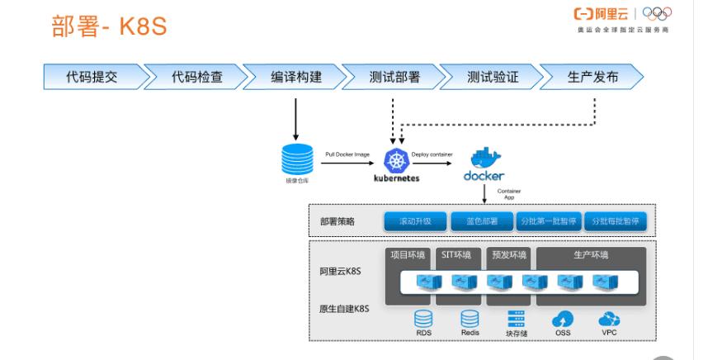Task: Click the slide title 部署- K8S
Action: pyautogui.click(x=110, y=26)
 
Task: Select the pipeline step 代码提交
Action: pyautogui.click(x=92, y=78)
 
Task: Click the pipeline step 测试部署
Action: pyautogui.click(x=394, y=78)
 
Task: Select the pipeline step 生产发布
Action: pyautogui.click(x=592, y=78)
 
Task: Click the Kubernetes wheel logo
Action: pyautogui.click(x=396, y=160)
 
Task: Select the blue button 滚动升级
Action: pyautogui.click(x=415, y=222)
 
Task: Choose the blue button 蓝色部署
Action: pyautogui.click(x=482, y=222)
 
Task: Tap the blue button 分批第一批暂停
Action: pyautogui.click(x=548, y=222)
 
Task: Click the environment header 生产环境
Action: pyautogui.click(x=590, y=255)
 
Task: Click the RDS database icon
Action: pyautogui.click(x=423, y=319)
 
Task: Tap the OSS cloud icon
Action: pyautogui.click(x=563, y=319)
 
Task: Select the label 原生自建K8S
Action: pyautogui.click(x=343, y=309)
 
